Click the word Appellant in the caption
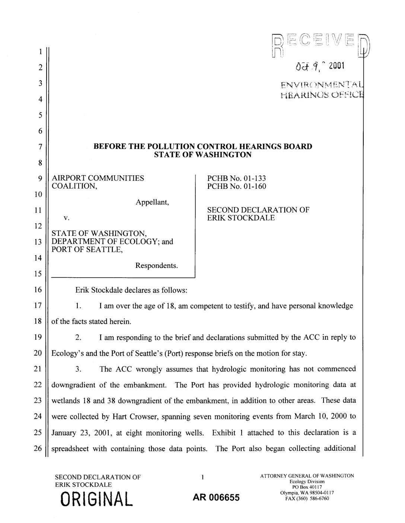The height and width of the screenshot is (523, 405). [153, 202]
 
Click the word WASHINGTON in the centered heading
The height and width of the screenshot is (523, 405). [221, 154]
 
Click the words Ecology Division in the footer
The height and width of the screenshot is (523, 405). [307, 482]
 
